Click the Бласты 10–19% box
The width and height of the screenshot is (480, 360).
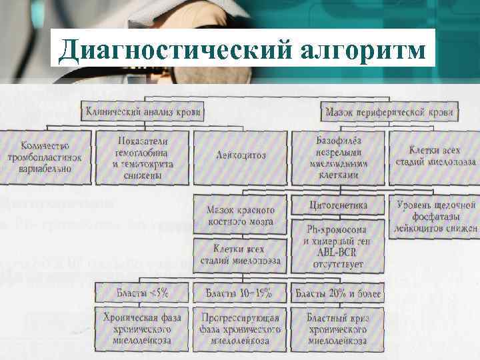point(240,293)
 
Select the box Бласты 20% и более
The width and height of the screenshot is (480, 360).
point(338,293)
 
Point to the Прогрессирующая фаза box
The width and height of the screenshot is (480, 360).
point(240,329)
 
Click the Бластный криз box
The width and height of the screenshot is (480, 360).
point(338,329)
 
